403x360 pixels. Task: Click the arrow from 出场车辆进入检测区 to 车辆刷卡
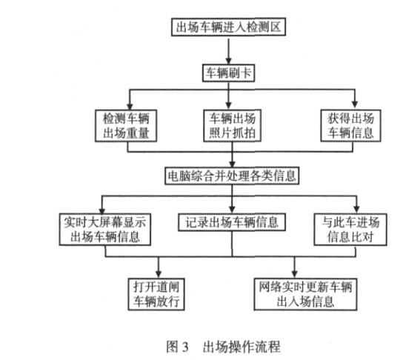tap(228, 50)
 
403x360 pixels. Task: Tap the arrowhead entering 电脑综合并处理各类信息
tap(233, 164)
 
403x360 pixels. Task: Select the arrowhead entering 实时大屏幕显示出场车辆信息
tap(102, 210)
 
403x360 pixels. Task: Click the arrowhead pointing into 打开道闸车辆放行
tap(159, 275)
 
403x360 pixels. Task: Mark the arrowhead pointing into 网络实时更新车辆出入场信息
tap(295, 275)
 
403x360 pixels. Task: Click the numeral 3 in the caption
tap(185, 347)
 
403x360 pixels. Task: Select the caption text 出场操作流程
tap(242, 347)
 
